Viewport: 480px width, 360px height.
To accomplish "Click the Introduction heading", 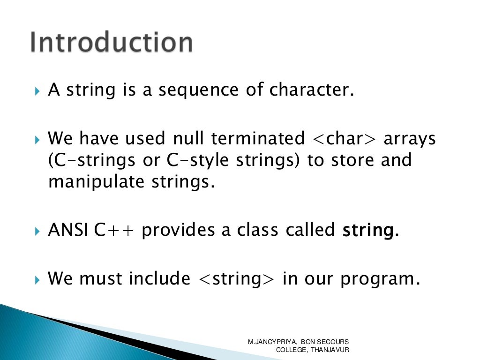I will tap(111, 43).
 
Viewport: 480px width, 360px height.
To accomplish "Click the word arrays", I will tap(410, 139).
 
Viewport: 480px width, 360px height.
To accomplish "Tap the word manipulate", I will tap(95, 182).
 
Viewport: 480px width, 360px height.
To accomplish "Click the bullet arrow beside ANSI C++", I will tap(38, 231).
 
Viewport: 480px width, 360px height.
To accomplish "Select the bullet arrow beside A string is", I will tap(38, 90).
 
